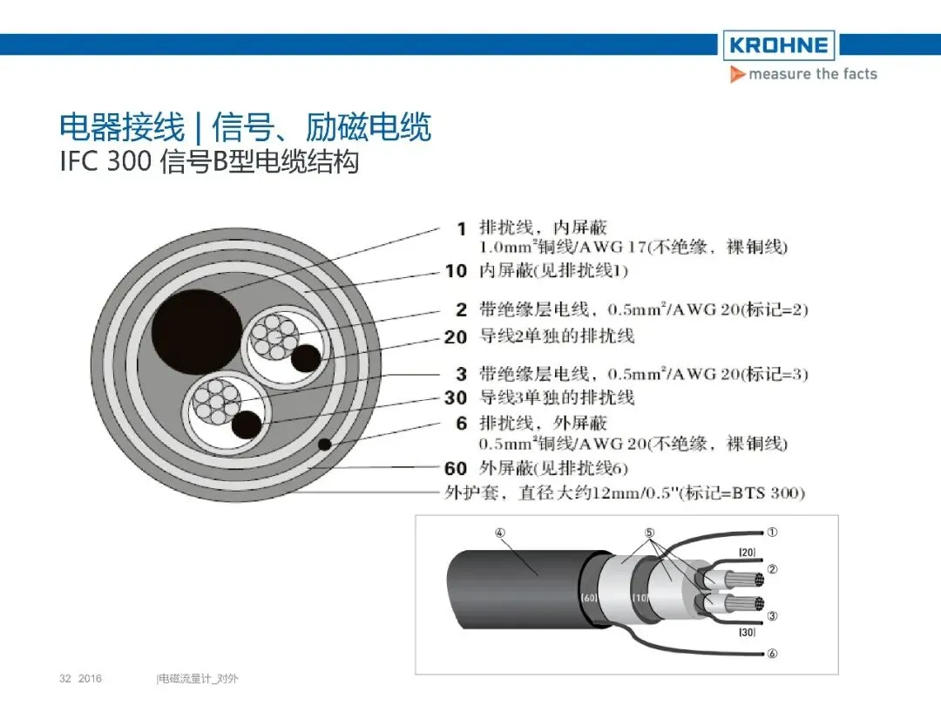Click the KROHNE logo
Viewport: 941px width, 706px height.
pos(778,45)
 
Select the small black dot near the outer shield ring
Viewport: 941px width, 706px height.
pos(325,445)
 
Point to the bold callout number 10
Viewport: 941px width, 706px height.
pos(456,271)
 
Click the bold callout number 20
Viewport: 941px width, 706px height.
pos(456,337)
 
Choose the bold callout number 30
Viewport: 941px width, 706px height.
pos(456,397)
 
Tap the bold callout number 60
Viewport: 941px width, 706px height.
pos(456,468)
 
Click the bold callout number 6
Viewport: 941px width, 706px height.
pos(461,424)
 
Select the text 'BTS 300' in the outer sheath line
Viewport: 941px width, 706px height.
pos(768,493)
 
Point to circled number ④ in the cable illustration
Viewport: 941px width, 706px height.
pos(500,533)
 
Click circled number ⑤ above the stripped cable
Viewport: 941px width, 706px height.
pos(649,533)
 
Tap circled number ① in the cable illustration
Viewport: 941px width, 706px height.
pos(772,532)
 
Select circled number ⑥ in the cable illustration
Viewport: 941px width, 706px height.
pos(772,653)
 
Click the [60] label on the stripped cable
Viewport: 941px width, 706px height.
pos(589,597)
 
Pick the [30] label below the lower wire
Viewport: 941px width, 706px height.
pos(748,632)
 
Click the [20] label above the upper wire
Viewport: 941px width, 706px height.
pos(748,553)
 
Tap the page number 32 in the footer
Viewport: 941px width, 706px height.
pos(65,678)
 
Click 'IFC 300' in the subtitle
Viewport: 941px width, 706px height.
pos(105,161)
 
